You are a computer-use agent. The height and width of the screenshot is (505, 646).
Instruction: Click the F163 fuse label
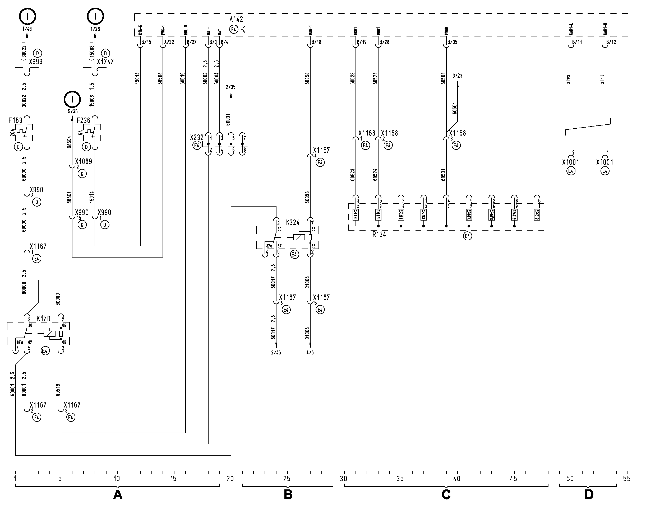coord(15,120)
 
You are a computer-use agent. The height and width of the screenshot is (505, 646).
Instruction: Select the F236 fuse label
coord(83,120)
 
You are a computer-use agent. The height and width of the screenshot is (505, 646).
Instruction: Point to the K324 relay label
coord(292,222)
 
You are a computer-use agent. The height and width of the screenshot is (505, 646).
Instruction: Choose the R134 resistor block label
coord(379,235)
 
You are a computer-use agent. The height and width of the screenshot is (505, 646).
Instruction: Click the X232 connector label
coord(197,138)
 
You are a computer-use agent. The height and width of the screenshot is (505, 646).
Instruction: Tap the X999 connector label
coord(36,62)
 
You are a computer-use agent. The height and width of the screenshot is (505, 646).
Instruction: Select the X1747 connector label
coord(105,62)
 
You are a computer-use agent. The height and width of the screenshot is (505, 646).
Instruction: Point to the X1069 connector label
coord(84,161)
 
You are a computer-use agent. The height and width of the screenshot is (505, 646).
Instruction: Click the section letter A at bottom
coord(118,494)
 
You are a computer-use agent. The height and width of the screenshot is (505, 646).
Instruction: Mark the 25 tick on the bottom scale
coord(287,479)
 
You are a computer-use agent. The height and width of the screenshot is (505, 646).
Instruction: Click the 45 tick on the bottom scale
coord(514,479)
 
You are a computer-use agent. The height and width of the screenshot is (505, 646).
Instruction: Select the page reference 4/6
coord(310,353)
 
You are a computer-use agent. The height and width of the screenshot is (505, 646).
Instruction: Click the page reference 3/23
coord(457,76)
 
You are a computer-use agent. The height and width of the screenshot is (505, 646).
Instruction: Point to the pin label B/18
coord(316,42)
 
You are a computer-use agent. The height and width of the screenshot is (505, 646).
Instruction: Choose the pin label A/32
coord(169,42)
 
